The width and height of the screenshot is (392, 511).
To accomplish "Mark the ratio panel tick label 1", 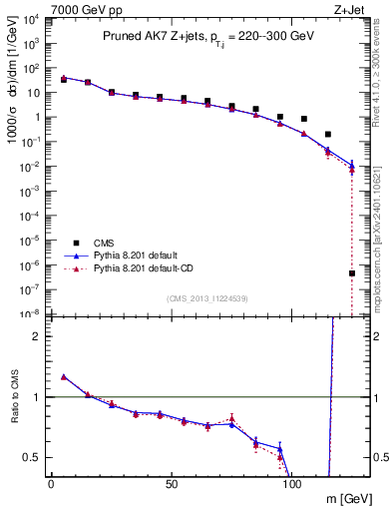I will click(39, 397).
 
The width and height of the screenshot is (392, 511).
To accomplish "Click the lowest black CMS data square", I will click(352, 273).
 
